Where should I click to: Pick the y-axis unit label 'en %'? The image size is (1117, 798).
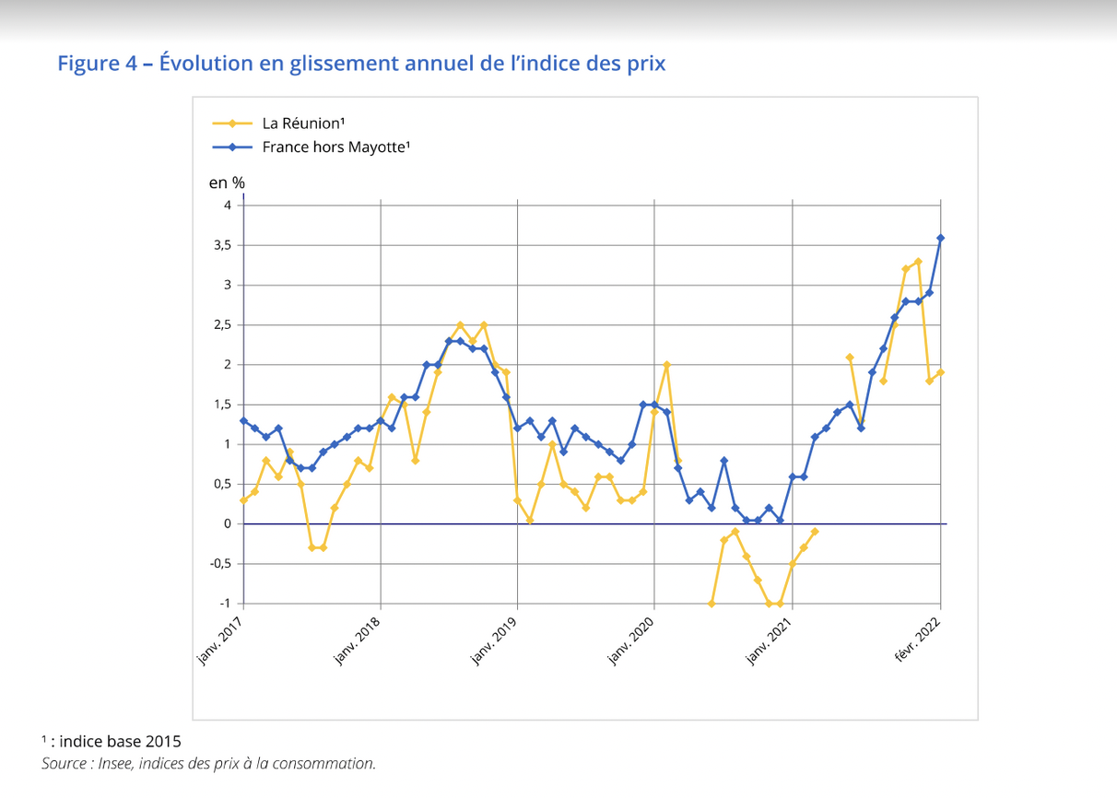[x=227, y=182]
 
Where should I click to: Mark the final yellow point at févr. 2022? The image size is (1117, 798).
[x=941, y=372]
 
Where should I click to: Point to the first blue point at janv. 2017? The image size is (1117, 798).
[x=243, y=420]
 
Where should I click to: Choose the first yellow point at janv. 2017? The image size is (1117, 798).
[x=243, y=500]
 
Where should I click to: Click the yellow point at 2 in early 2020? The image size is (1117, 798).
[x=666, y=365]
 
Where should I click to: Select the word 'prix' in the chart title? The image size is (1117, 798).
[x=645, y=64]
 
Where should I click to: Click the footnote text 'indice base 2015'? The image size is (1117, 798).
[x=122, y=740]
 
